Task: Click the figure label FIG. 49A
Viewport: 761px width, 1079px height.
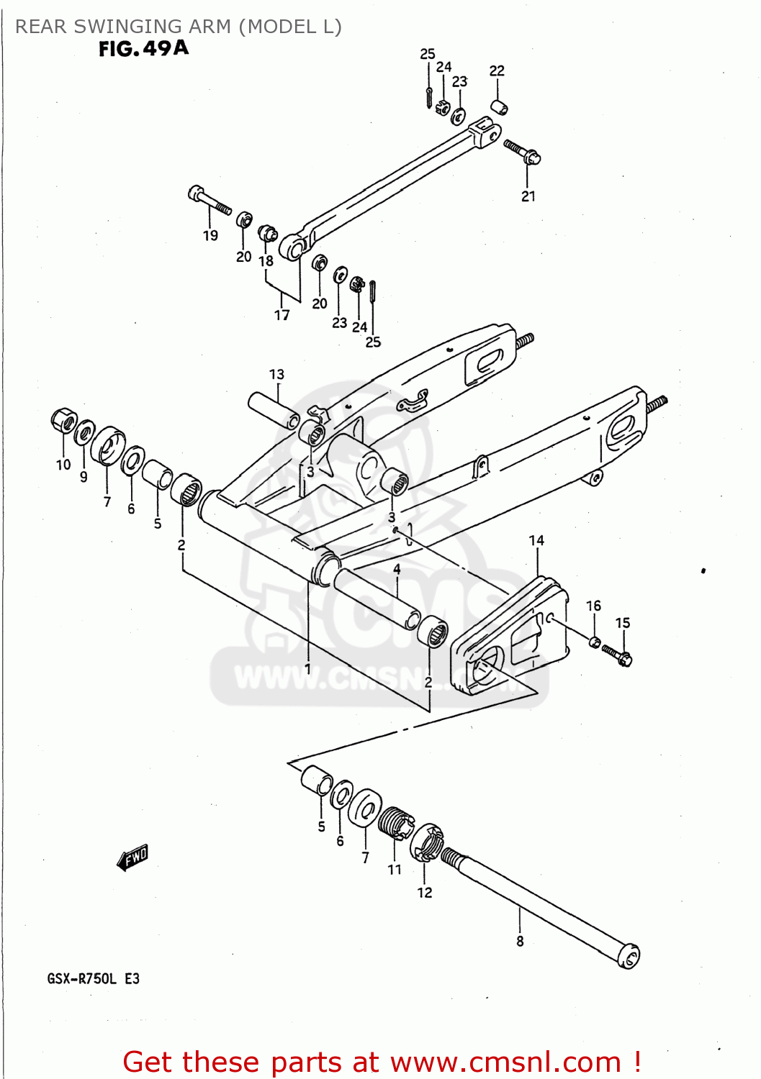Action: [143, 49]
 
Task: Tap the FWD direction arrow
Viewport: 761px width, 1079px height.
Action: [132, 857]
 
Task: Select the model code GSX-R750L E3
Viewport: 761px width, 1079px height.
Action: [94, 978]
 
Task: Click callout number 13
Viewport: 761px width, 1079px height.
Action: [276, 375]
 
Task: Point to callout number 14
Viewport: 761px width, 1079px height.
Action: [536, 541]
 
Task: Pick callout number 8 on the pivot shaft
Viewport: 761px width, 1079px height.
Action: [520, 941]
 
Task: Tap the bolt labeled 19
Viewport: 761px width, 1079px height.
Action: [209, 201]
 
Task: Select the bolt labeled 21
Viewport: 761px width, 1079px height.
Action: [522, 152]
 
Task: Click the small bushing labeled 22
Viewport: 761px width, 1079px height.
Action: [500, 107]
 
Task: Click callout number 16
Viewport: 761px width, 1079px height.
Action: [593, 606]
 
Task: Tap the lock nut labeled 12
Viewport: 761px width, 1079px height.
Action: [428, 842]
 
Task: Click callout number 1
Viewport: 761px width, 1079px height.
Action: [308, 668]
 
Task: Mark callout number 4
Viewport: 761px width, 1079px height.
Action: [397, 569]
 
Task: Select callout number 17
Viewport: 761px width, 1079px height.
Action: [282, 315]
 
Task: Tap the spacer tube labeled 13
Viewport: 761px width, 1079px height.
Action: [274, 410]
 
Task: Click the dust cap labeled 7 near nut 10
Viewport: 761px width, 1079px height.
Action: [108, 445]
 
